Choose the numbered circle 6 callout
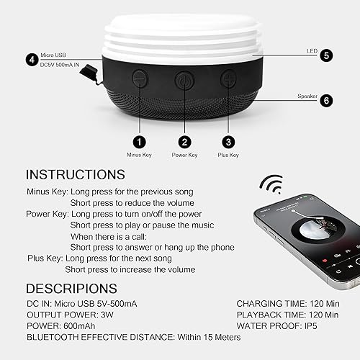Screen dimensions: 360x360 327,100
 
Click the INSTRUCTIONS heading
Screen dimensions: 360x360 76,175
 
